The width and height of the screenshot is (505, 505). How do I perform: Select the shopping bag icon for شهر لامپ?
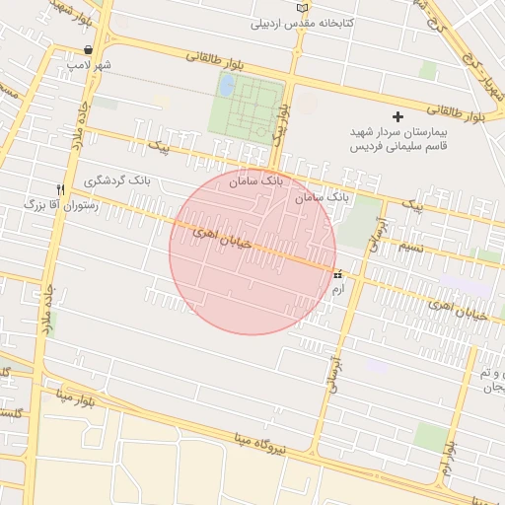[90, 49]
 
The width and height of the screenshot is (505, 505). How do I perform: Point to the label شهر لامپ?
[90, 64]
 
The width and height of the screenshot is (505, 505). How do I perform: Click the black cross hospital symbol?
[398, 116]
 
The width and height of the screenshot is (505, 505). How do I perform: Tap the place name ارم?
[338, 288]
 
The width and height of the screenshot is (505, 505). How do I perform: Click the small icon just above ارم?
[338, 274]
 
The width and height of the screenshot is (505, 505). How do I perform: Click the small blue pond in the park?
[226, 87]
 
